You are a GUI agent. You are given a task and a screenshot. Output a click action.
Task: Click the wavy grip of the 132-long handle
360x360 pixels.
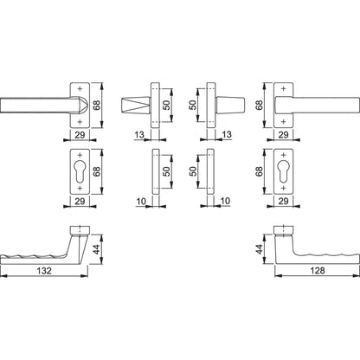click(x=39, y=257)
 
